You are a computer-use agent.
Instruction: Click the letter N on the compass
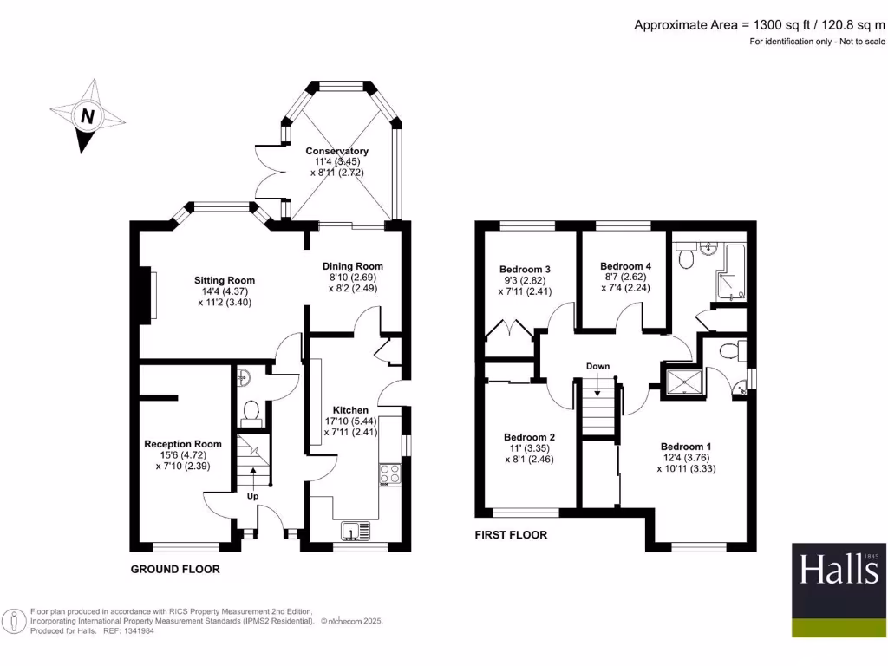(87, 115)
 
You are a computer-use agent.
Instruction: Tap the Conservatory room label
(336, 151)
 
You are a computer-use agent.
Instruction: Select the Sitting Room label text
(225, 280)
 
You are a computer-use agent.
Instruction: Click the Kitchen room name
(351, 409)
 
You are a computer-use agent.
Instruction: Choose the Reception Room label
(183, 444)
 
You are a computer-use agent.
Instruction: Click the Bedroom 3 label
(526, 269)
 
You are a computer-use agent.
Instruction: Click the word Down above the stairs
(597, 366)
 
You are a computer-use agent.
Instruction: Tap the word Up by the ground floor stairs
(253, 496)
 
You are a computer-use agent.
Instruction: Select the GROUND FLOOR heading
(175, 570)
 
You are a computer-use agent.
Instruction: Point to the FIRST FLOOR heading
(511, 535)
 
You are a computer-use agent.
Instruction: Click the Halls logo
(839, 579)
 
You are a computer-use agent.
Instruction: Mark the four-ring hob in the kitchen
(389, 474)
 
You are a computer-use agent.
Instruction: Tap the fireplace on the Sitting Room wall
(150, 297)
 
